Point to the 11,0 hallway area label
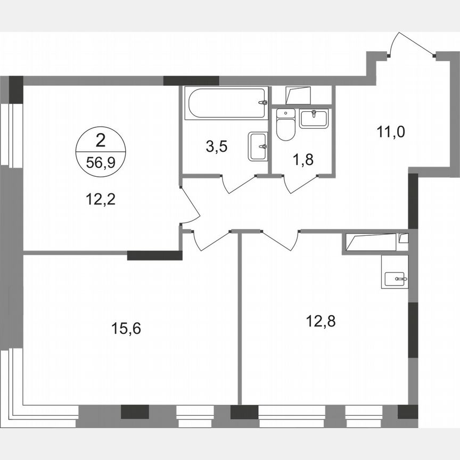tap(391, 132)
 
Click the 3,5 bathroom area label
tap(217, 147)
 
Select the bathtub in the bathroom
tap(226, 104)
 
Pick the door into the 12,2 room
tap(189, 205)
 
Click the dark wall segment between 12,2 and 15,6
tap(155, 254)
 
